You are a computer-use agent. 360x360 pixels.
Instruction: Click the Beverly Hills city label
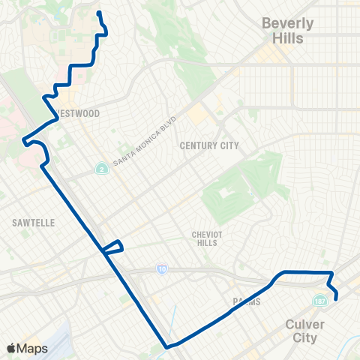coord(287,31)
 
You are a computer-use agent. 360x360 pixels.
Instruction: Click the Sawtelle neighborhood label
coord(31,223)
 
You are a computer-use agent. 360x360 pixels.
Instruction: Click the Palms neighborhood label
coord(246,301)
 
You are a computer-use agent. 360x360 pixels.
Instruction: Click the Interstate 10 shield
coord(162,268)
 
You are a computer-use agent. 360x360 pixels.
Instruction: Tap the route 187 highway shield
coord(319,300)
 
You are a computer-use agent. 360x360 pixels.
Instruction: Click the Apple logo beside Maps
coord(11,348)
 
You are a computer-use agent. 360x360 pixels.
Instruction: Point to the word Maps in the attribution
coord(32,348)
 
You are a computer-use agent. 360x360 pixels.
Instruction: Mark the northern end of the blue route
coord(99,12)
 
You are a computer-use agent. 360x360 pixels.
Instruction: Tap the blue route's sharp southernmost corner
coord(166,346)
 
